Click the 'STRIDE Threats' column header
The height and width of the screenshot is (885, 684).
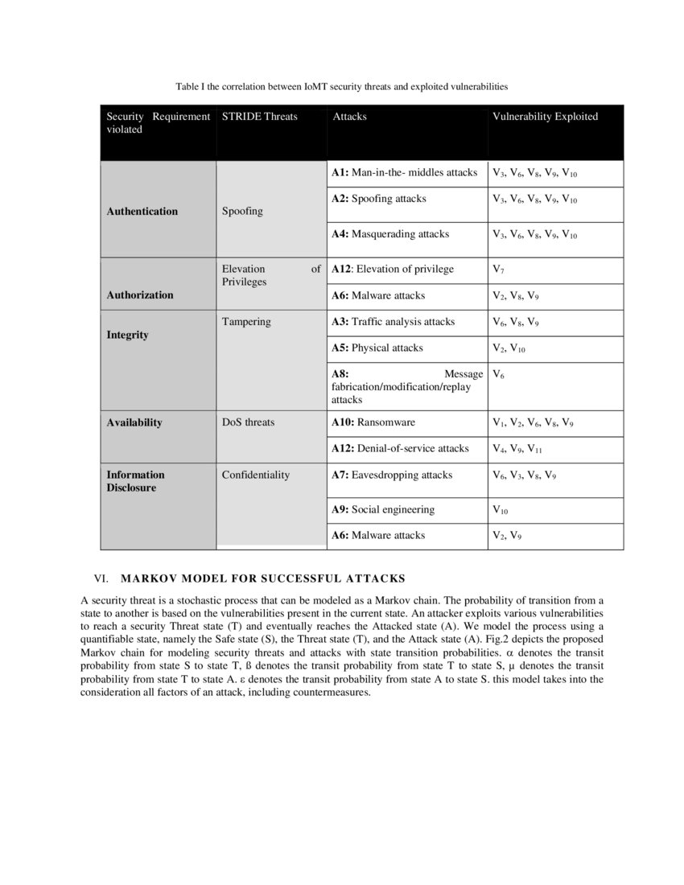point(259,117)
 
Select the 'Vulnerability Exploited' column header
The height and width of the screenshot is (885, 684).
point(545,117)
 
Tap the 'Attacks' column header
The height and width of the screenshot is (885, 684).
point(349,117)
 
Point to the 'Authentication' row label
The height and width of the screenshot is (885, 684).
point(142,212)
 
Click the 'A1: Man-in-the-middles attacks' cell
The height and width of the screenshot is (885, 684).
point(405,173)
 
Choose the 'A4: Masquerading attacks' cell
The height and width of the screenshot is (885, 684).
point(390,234)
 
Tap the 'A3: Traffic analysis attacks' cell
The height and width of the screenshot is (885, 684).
point(394,322)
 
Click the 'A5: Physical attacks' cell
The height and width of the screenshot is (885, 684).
point(377,348)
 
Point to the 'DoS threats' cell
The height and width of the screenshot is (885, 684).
point(248,422)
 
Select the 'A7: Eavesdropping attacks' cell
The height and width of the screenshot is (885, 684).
point(392,475)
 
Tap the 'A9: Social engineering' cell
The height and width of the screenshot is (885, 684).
point(383,509)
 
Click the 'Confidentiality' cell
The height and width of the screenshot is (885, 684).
point(255,475)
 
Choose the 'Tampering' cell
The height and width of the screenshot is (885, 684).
point(246,322)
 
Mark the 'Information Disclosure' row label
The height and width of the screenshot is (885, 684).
point(135,481)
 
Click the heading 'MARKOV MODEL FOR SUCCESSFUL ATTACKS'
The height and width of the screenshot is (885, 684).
point(262,578)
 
